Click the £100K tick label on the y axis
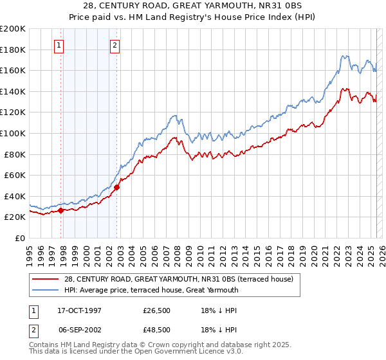13,133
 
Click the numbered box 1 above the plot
59,45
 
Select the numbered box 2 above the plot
115,45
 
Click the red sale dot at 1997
61,210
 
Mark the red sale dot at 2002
116,187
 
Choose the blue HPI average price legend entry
151,290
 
